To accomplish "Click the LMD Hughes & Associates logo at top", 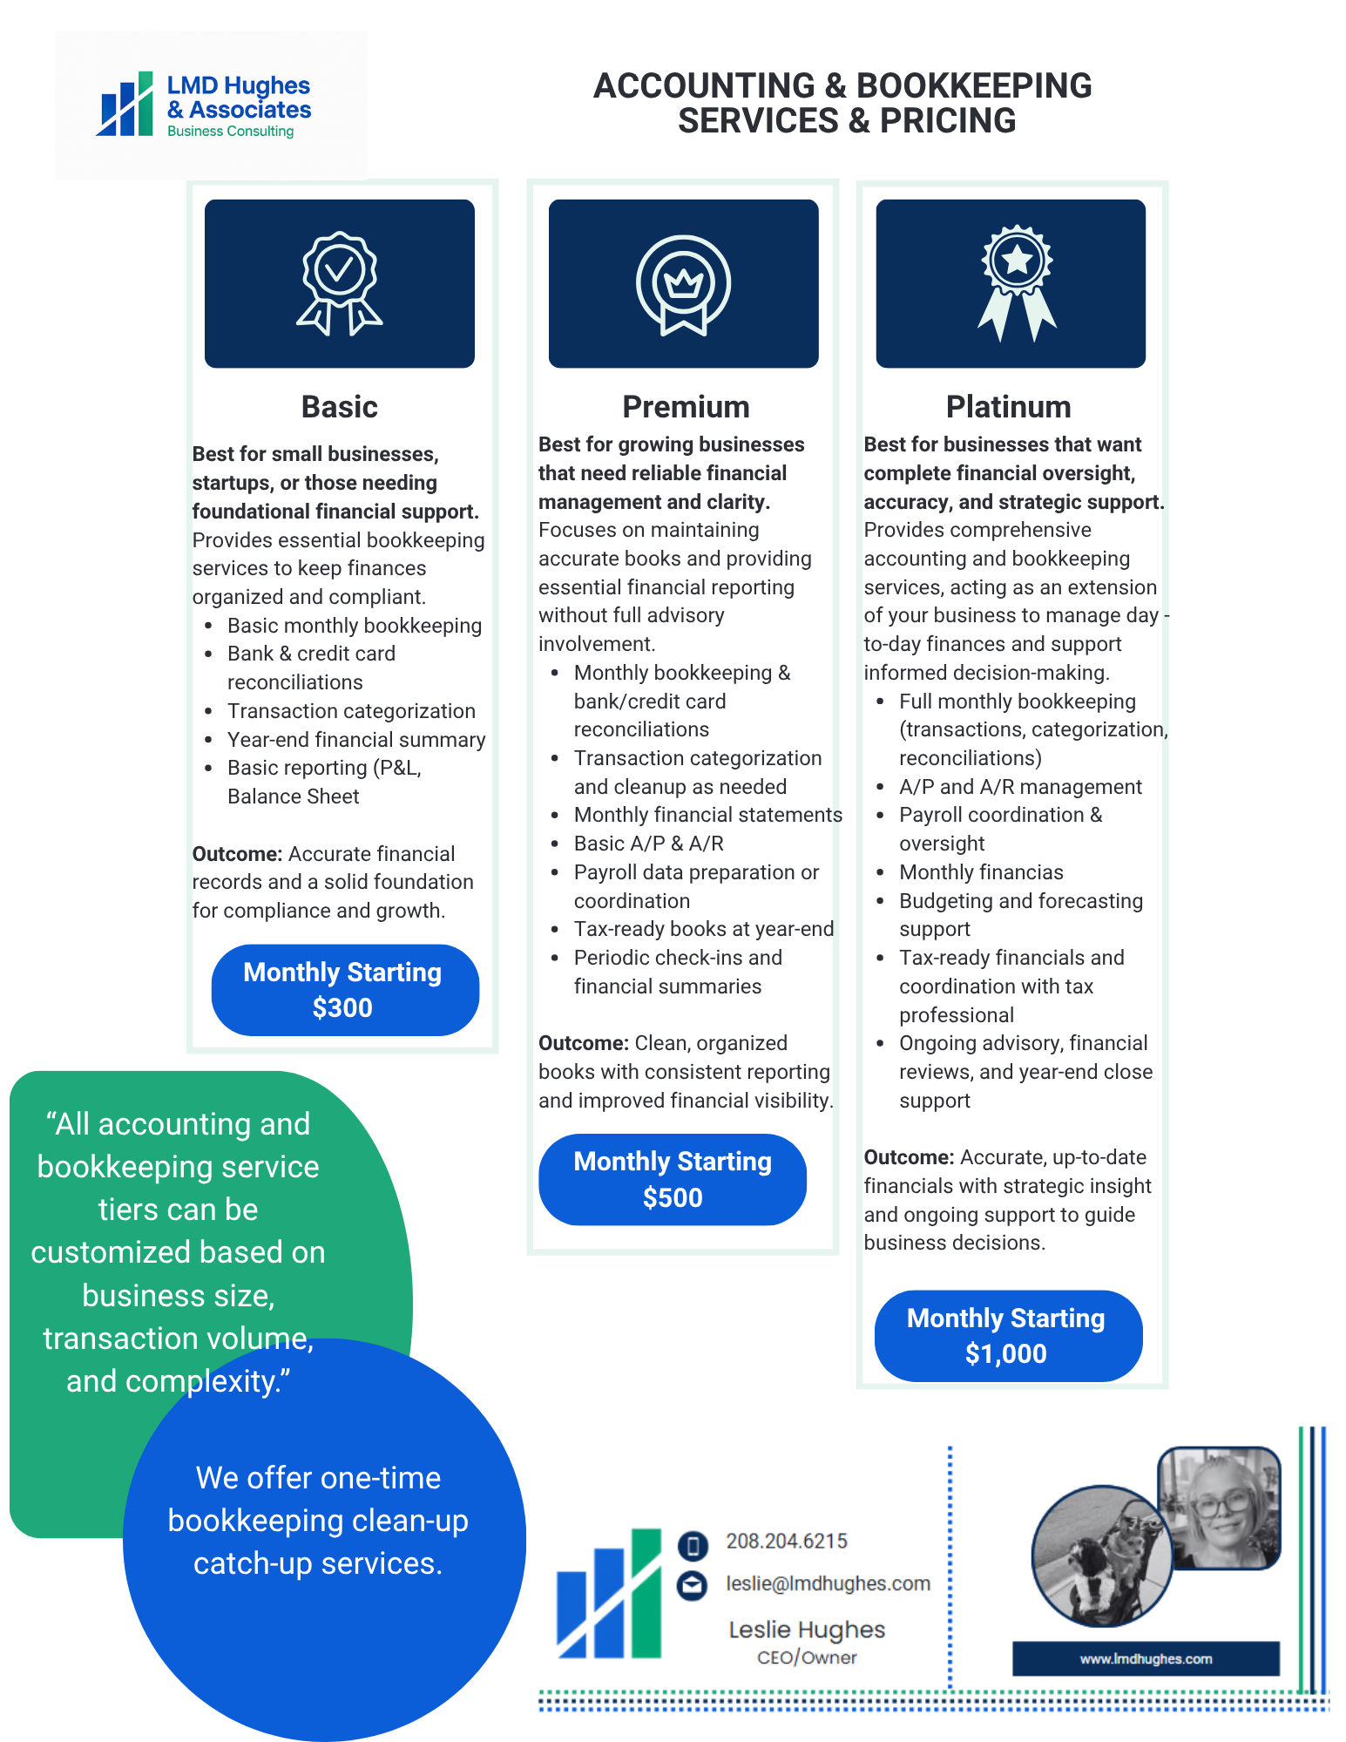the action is click(x=206, y=105).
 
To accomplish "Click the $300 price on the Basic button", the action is click(x=342, y=1008).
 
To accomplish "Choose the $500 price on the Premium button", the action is click(x=673, y=1198).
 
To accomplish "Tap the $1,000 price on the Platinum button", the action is click(x=1005, y=1354).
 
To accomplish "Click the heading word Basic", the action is click(x=339, y=407).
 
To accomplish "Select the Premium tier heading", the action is click(x=686, y=407).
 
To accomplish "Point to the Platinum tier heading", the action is click(x=1008, y=407).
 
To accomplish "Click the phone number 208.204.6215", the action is click(x=787, y=1542).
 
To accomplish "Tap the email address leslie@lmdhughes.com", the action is click(x=828, y=1584).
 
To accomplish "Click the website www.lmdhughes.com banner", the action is click(x=1146, y=1659).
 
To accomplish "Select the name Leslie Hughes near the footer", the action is click(x=807, y=1630).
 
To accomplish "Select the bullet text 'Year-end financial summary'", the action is click(x=356, y=740).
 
